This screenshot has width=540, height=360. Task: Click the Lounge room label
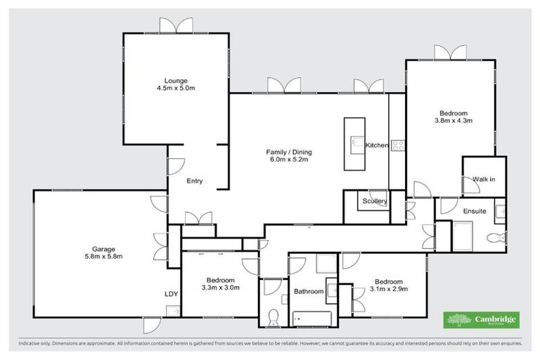pyautogui.click(x=176, y=81)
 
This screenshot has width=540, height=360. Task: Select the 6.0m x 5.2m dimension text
pyautogui.click(x=288, y=160)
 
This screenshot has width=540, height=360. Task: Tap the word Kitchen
pyautogui.click(x=376, y=146)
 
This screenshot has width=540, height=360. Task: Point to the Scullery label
pyautogui.click(x=375, y=201)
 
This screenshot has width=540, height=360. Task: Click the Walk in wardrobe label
pyautogui.click(x=484, y=179)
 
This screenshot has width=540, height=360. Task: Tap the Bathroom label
pyautogui.click(x=309, y=291)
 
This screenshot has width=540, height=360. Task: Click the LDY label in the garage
pyautogui.click(x=171, y=294)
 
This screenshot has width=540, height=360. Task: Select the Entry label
pyautogui.click(x=195, y=181)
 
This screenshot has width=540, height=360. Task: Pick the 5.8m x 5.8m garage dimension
pyautogui.click(x=103, y=257)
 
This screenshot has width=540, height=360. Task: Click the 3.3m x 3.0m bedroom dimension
pyautogui.click(x=220, y=288)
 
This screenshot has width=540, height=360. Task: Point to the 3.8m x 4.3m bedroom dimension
pyautogui.click(x=453, y=121)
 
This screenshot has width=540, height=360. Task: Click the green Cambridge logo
pyautogui.click(x=482, y=320)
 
